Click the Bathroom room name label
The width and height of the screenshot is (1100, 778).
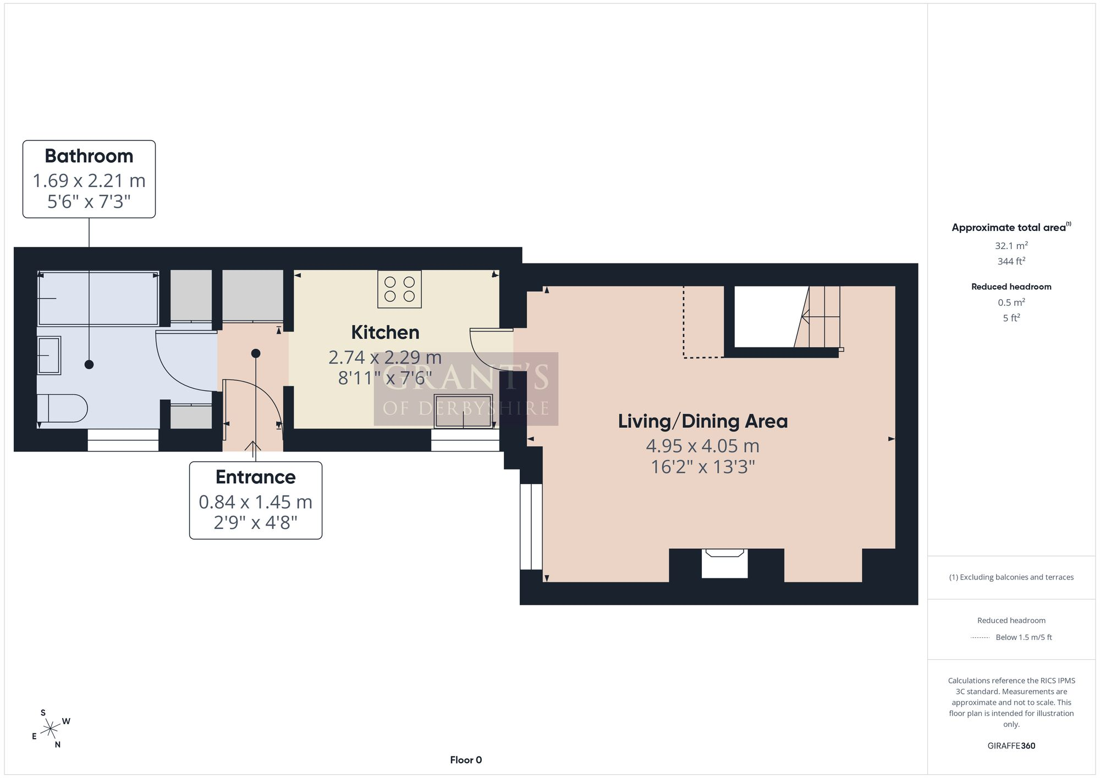(89, 156)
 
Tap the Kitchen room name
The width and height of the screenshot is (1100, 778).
(385, 333)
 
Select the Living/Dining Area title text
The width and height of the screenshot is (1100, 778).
(703, 422)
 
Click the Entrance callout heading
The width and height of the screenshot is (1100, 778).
(256, 477)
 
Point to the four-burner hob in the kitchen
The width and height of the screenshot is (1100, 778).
(399, 289)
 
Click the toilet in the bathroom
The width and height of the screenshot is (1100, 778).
(62, 408)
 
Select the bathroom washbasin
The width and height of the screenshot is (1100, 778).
(49, 355)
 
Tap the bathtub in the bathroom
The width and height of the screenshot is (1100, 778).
(98, 298)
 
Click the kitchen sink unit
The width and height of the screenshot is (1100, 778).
(463, 411)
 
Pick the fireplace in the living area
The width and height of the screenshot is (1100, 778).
(725, 563)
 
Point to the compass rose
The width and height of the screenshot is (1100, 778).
(51, 729)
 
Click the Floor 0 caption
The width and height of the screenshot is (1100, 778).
(466, 760)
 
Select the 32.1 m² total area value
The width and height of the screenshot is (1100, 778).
(1011, 246)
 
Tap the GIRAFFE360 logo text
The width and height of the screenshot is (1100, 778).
(1011, 746)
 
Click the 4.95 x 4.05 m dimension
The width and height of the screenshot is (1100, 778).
(703, 446)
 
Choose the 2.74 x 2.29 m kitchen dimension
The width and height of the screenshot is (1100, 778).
(385, 357)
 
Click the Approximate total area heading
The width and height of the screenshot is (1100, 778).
(1011, 227)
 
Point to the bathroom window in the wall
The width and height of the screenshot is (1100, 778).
(123, 440)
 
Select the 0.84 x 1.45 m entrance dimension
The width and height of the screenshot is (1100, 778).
(256, 502)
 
